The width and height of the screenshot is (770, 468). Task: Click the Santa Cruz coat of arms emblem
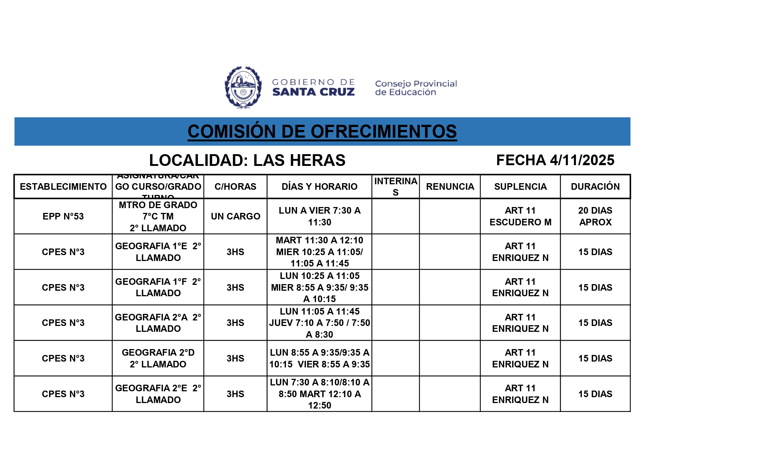click(x=243, y=87)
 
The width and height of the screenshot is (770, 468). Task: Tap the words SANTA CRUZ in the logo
click(x=313, y=92)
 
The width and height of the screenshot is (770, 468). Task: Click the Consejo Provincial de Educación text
click(x=416, y=88)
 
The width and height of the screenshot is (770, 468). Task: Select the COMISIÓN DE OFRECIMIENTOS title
click(x=322, y=131)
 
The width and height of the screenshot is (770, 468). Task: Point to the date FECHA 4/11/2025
click(x=555, y=160)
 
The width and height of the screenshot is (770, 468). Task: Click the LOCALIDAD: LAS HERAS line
click(x=247, y=160)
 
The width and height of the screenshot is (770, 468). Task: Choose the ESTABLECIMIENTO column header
click(x=63, y=186)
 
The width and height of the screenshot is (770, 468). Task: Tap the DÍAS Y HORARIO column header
click(x=319, y=186)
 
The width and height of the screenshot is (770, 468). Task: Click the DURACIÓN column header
click(x=595, y=186)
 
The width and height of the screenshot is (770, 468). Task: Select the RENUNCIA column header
click(x=450, y=186)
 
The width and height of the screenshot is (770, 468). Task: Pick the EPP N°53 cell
click(x=63, y=216)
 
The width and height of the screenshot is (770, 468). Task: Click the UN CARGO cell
click(x=235, y=216)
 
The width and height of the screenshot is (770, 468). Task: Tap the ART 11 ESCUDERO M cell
click(x=520, y=216)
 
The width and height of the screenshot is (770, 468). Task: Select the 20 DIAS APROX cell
click(x=595, y=216)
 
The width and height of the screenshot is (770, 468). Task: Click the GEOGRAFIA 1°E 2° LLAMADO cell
click(x=158, y=252)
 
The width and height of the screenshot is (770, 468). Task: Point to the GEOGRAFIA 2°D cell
click(x=158, y=358)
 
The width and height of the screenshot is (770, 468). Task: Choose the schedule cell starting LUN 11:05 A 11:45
click(x=319, y=323)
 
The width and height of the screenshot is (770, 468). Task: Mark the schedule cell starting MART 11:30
click(x=319, y=252)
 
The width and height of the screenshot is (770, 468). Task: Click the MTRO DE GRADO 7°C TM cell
click(x=158, y=216)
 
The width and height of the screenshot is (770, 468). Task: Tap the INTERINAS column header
click(x=396, y=186)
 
